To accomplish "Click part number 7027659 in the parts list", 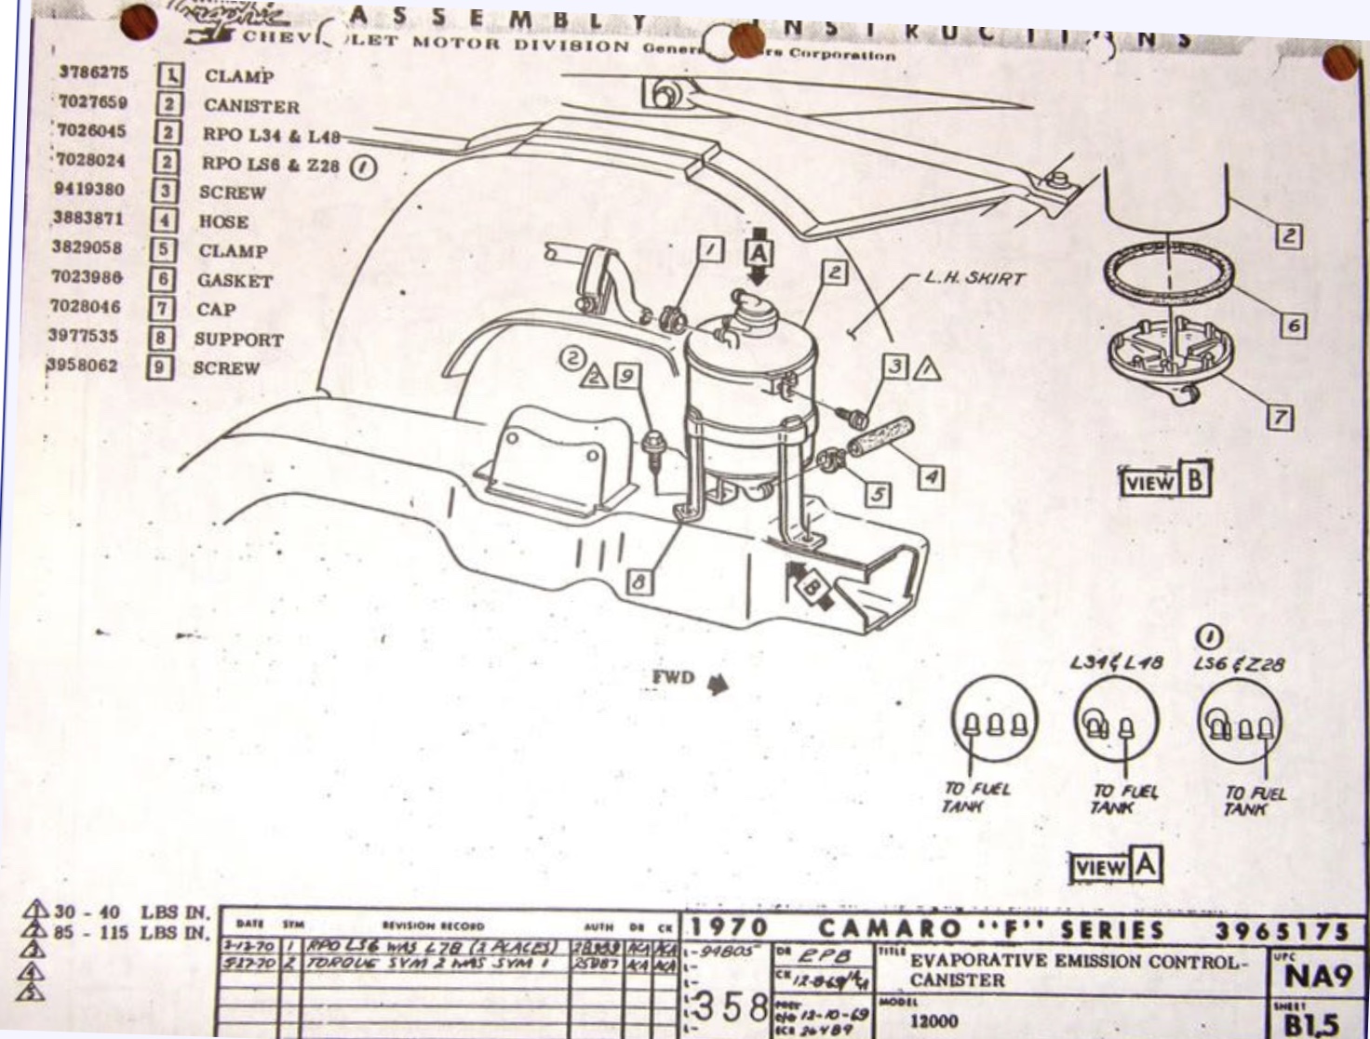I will point(92,102).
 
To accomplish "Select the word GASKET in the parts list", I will point(234,280).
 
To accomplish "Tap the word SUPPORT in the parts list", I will point(238,340).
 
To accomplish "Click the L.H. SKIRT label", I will point(975,278).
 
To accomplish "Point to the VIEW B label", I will point(1165,481).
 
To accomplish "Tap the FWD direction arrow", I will point(717,686).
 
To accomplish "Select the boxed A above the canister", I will point(759,252).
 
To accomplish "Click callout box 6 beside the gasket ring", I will point(1293,326).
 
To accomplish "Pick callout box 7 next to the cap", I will point(1281,418).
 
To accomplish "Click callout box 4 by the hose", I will point(930,478).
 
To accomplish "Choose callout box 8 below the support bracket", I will point(638,582).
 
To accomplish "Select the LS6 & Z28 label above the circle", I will point(1239,665).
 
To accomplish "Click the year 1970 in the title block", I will point(729,928).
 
